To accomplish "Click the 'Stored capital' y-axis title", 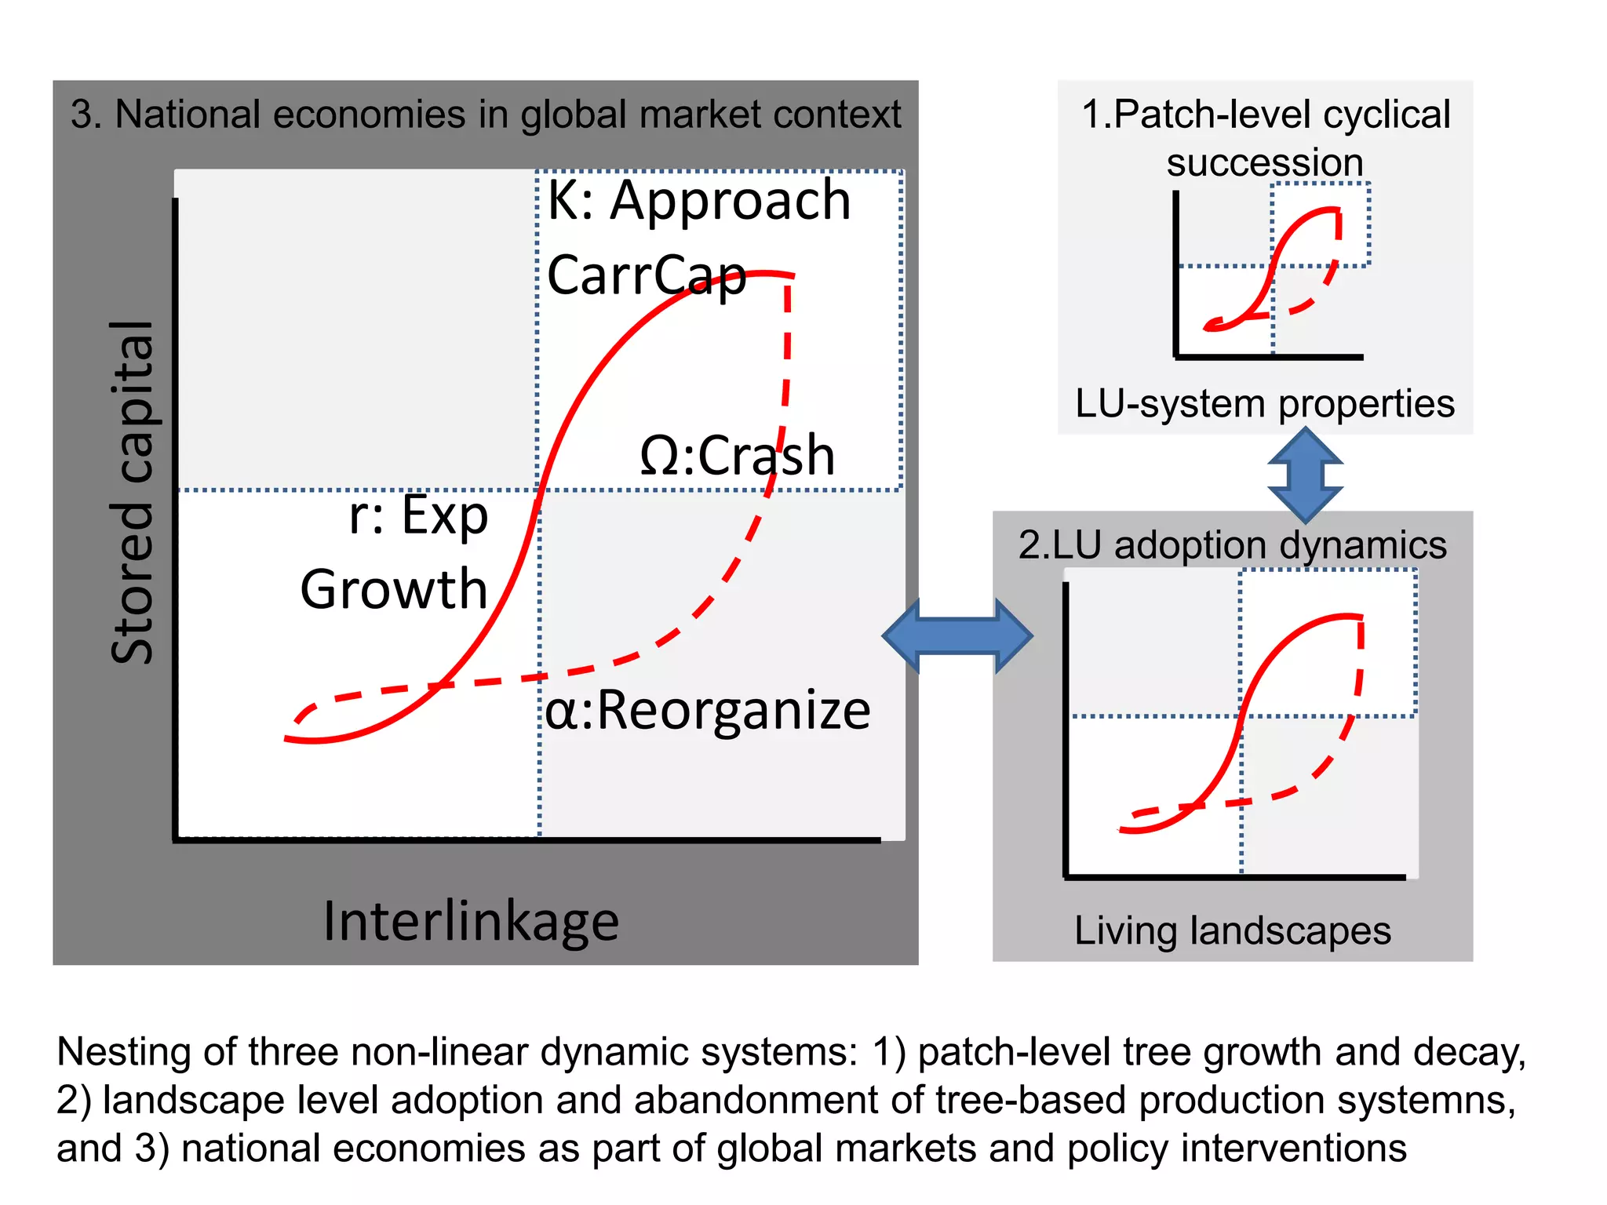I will coord(132,493).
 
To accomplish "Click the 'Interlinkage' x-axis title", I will coord(471,921).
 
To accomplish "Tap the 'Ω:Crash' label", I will coord(737,456).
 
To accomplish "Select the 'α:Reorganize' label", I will coord(707,711).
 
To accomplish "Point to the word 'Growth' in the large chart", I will coord(394,589).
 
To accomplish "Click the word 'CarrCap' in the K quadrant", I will coord(647,275).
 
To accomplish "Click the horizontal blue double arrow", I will coord(957,635).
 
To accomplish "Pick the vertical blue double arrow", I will coord(1305,475).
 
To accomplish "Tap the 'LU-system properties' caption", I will coord(1264,404).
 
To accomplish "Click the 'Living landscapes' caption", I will coord(1232,931).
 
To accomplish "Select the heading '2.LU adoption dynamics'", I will coord(1232,544).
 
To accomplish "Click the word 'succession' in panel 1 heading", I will coord(1264,162).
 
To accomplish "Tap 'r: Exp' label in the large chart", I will coord(418,515).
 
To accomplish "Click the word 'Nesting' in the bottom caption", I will coord(124,1052).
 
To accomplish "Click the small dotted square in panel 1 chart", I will coord(1320,224).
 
